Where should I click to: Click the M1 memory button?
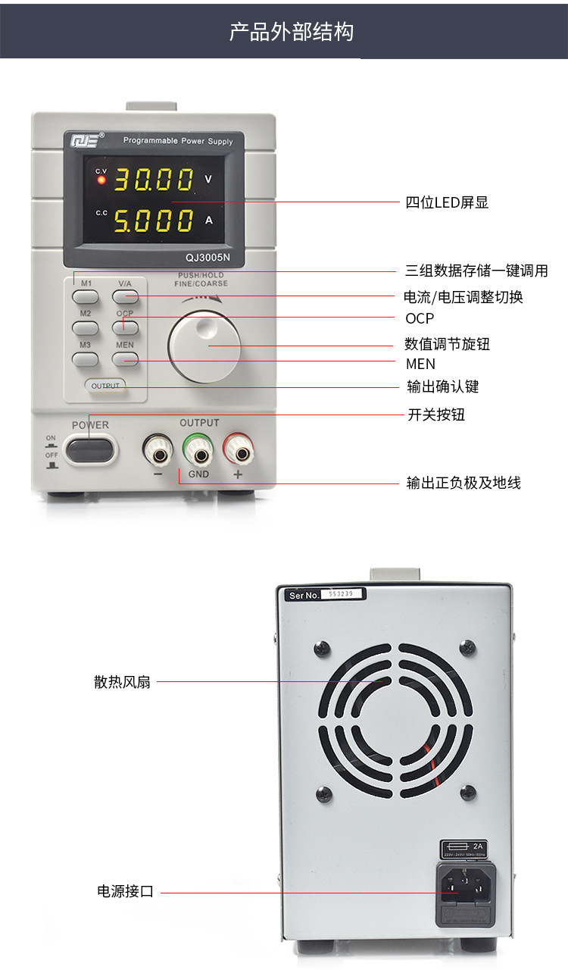coord(86,297)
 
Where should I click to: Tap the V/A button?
coord(126,297)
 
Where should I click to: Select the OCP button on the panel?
coord(126,327)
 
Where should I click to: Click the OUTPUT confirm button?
coord(105,386)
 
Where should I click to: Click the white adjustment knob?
coord(204,345)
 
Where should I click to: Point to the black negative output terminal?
coord(159,454)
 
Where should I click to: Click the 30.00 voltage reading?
coord(154,180)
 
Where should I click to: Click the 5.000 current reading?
coord(154,221)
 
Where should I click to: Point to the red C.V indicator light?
coord(101,180)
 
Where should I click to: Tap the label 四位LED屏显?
coord(447,202)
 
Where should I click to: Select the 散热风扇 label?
coord(122,682)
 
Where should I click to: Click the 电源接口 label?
coord(125,892)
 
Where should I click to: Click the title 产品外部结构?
coord(292,32)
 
